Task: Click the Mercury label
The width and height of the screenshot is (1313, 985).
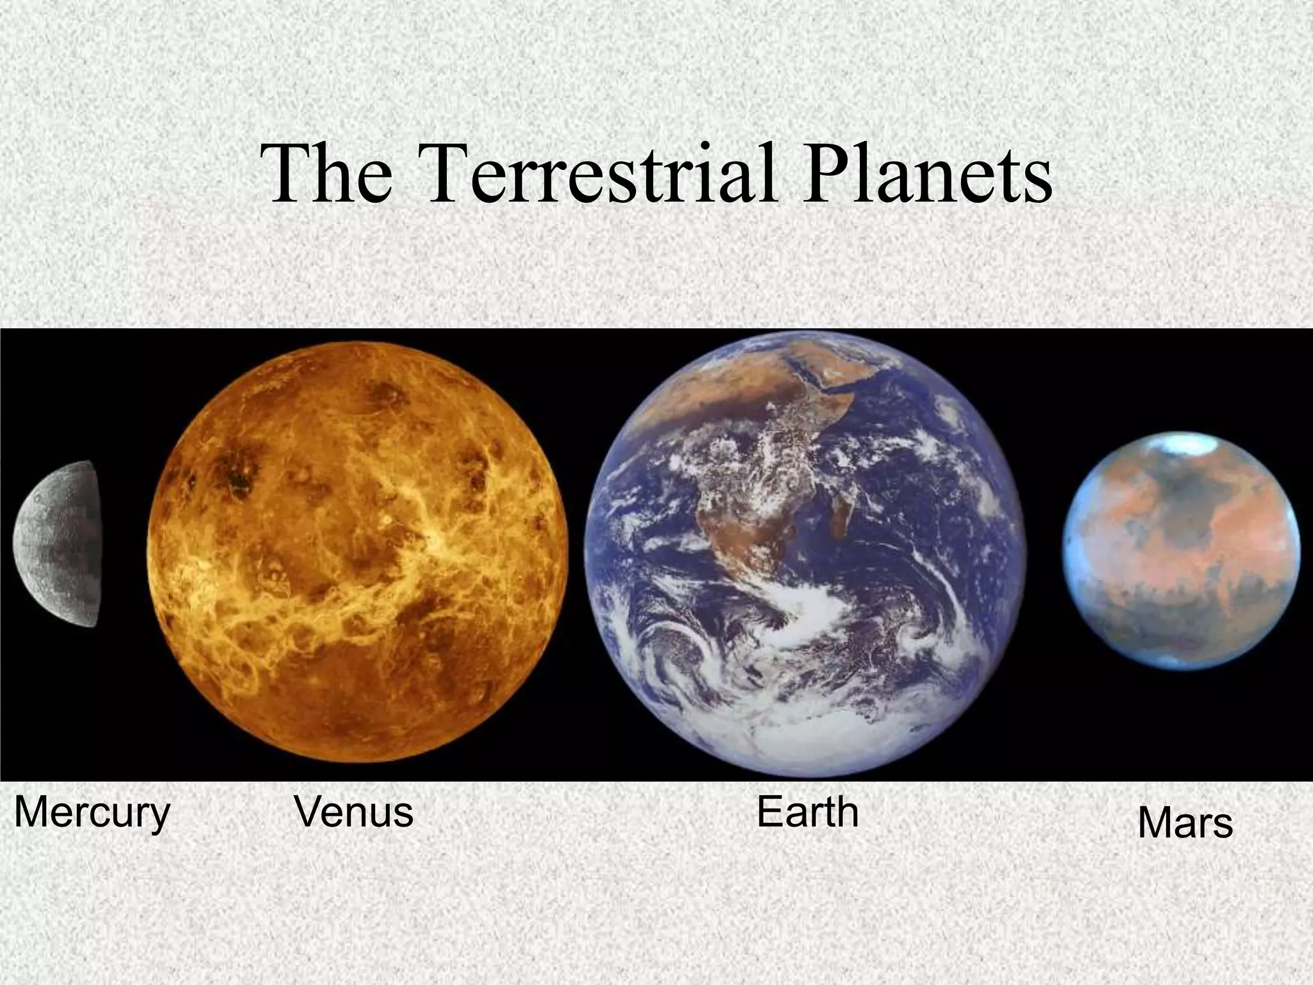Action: pyautogui.click(x=92, y=814)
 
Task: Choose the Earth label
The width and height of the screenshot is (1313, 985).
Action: pyautogui.click(x=807, y=812)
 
